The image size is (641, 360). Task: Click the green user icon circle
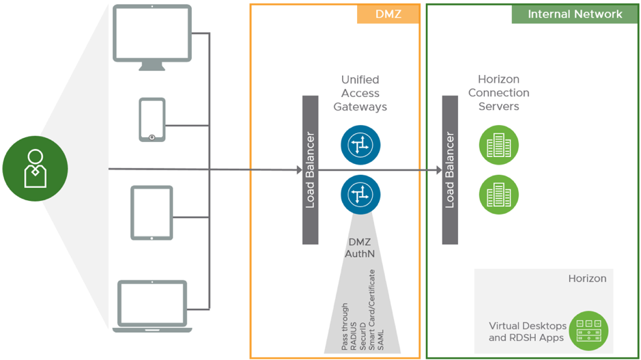click(x=35, y=169)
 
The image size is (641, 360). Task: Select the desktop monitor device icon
click(x=152, y=37)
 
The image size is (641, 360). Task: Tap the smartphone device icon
click(x=152, y=120)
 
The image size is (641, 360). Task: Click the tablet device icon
click(x=152, y=212)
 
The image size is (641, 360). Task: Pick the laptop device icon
click(x=152, y=306)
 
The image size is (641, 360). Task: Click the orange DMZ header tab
click(x=388, y=14)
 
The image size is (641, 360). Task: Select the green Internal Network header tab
click(x=575, y=14)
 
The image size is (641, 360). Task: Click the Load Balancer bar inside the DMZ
click(x=311, y=170)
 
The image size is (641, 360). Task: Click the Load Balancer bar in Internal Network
click(x=450, y=170)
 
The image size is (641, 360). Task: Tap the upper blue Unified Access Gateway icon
click(x=360, y=145)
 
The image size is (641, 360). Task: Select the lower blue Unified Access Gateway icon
click(x=360, y=194)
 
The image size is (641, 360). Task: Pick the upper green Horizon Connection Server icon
click(x=499, y=145)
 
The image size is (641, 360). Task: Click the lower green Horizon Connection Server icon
click(x=499, y=194)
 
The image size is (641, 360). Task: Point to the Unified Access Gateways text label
click(x=360, y=94)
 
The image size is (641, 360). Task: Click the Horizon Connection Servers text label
click(x=499, y=93)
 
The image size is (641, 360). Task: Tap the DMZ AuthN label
click(x=360, y=248)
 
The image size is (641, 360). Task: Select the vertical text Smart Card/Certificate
click(x=371, y=309)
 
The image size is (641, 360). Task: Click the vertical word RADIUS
click(x=354, y=336)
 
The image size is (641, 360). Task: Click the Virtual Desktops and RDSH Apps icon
click(x=588, y=331)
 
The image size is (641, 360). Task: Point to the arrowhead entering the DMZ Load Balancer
click(x=300, y=170)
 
